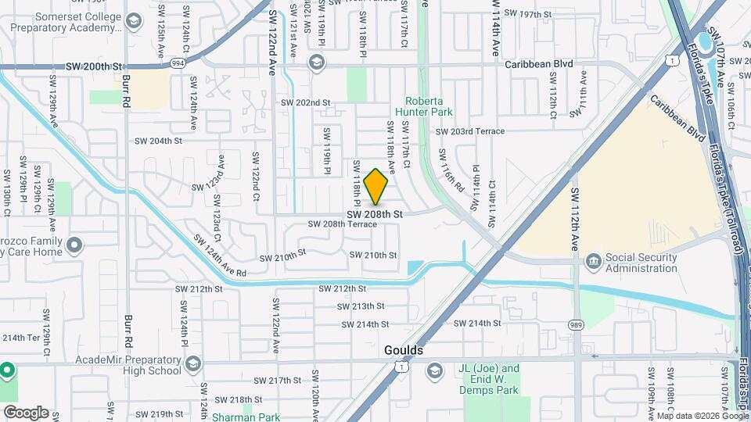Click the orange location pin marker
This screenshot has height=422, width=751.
(376, 187)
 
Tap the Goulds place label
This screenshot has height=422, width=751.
(403, 350)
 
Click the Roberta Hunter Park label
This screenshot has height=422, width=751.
(429, 107)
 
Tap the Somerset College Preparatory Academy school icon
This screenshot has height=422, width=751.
(133, 20)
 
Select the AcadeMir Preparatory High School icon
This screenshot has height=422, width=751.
(193, 364)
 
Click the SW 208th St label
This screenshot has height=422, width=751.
(374, 213)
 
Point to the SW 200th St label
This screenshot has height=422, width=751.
(95, 68)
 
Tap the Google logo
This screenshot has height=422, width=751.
(26, 413)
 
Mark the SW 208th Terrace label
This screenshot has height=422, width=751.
(342, 224)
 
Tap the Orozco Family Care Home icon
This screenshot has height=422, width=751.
(75, 246)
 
